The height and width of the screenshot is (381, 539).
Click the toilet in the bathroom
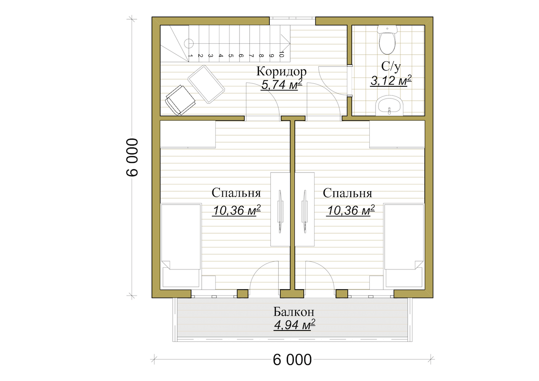387,40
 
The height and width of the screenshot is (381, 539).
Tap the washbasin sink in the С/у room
389,106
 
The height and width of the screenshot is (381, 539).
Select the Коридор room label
282,71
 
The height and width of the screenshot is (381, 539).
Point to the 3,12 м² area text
391,80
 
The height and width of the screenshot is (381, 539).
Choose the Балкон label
294,312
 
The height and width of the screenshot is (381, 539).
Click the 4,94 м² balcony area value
294,325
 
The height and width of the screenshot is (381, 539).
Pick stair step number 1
190,56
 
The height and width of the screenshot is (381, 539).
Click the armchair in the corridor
180,100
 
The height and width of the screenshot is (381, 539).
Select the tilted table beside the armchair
206,84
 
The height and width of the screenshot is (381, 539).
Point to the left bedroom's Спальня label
236,193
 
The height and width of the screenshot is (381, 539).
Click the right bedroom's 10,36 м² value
351,210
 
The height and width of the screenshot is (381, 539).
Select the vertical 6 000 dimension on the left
132,157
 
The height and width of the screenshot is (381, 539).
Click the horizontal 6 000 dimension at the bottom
292,360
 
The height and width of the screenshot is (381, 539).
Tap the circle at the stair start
189,43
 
